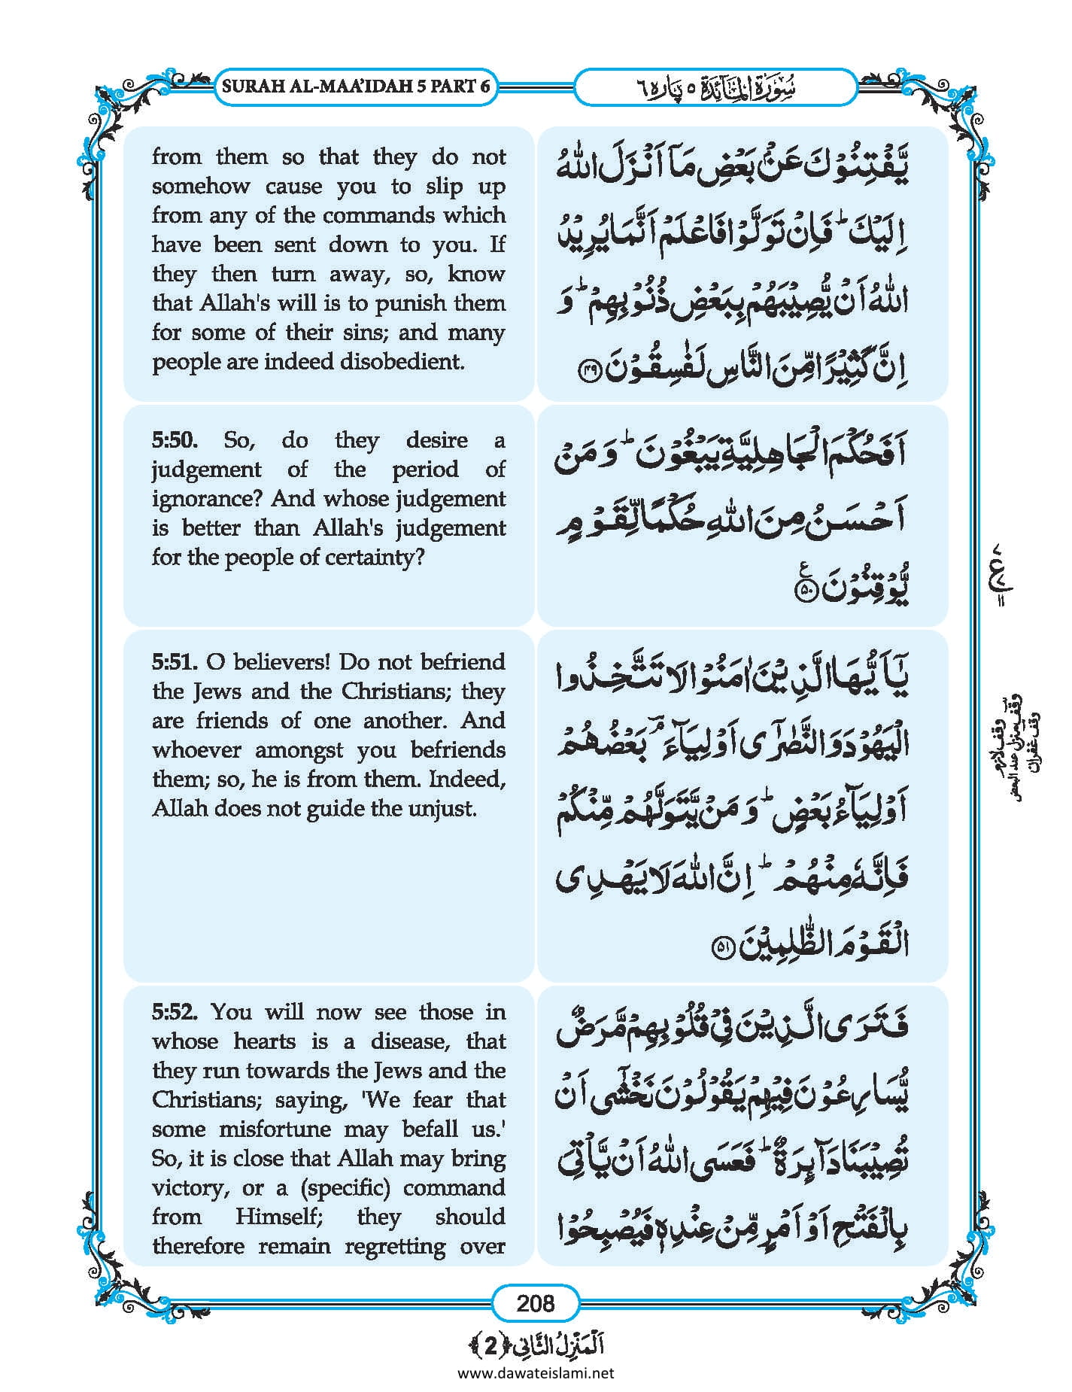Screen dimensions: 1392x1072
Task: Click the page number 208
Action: tap(536, 1302)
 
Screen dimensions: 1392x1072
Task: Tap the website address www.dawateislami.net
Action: tap(536, 1373)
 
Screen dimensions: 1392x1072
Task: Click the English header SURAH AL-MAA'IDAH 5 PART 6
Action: tap(356, 86)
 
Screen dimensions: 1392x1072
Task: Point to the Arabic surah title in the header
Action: tap(715, 87)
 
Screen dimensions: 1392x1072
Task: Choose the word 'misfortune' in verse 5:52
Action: tap(277, 1129)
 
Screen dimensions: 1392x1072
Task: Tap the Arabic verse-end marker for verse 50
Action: tap(805, 592)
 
